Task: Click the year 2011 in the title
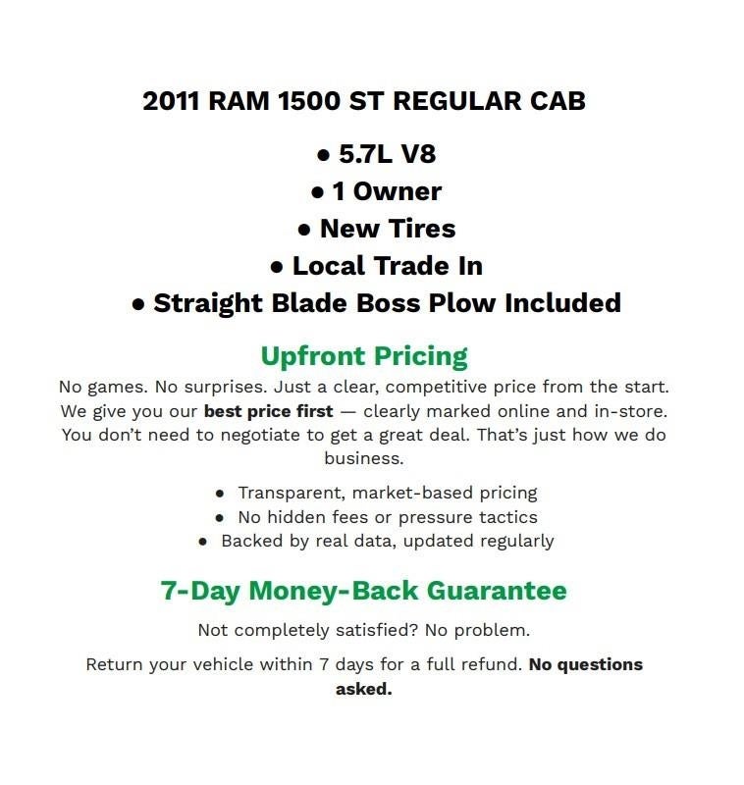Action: click(x=171, y=102)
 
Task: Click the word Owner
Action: click(x=398, y=191)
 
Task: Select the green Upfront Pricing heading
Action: click(x=364, y=355)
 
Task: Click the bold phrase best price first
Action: click(x=268, y=410)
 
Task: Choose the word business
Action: click(x=364, y=458)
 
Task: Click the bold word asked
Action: click(x=363, y=689)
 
